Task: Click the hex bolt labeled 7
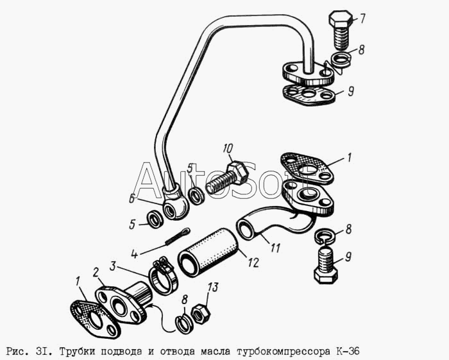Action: point(340,30)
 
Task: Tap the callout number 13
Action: point(212,287)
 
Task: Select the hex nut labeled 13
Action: point(200,314)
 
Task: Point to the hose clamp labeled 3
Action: point(163,275)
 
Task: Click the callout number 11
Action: point(275,248)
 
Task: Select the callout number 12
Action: point(253,262)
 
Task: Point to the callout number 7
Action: point(362,19)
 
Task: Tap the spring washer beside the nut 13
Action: point(183,323)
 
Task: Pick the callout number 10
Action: point(228,149)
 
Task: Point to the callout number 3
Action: point(113,266)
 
